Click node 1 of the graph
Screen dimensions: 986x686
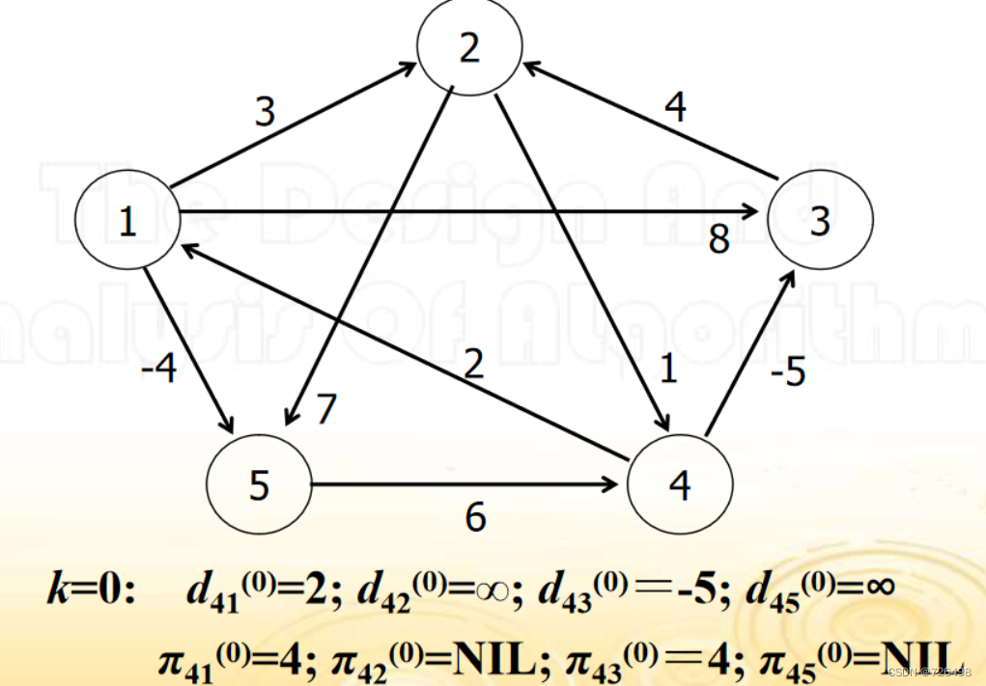(127, 221)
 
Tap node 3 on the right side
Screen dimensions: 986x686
(820, 221)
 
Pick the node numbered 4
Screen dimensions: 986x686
(680, 485)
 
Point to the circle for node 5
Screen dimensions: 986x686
(259, 485)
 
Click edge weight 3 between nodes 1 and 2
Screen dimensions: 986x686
(265, 112)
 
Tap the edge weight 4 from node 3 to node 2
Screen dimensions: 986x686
(675, 107)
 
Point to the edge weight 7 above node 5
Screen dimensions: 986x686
(326, 409)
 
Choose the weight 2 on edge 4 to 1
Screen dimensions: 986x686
(473, 365)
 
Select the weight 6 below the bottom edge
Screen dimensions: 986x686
(475, 518)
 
